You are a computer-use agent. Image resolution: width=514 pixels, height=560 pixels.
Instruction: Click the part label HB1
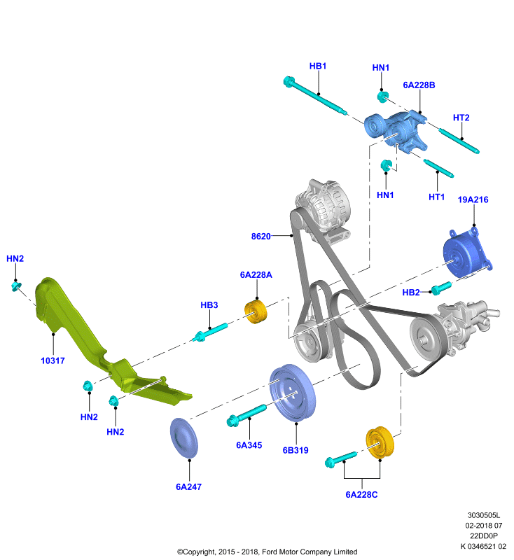coord(317,66)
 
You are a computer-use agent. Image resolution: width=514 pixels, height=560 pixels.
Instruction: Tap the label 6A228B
coord(419,85)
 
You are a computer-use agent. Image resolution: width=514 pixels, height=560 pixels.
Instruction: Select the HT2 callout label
coord(461,118)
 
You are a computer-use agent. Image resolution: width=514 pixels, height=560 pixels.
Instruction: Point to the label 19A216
coord(473,199)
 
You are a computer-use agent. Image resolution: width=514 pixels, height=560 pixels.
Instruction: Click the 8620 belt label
coord(261,237)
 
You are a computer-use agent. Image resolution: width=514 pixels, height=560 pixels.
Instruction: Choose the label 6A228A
coord(256,274)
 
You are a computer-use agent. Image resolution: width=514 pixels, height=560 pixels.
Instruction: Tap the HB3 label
coord(209,305)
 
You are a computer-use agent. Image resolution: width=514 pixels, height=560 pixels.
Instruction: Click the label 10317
coord(53,360)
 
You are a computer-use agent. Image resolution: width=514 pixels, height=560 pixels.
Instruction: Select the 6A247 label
coord(188,486)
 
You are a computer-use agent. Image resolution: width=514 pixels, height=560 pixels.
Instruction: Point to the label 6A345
coord(249,445)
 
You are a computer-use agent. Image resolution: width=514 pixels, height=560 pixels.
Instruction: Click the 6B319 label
coord(296,450)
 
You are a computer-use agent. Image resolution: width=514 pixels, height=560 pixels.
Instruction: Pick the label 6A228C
coord(361,495)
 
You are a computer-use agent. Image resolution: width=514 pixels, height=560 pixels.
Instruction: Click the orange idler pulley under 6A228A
coord(256,312)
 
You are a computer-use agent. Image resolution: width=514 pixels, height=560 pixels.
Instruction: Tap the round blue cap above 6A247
coord(184,438)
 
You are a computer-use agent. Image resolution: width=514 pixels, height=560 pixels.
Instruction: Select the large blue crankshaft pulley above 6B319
coord(293,393)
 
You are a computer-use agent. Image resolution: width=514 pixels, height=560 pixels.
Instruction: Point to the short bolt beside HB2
coord(441,288)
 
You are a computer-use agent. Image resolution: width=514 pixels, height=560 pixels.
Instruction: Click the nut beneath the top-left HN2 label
coord(16,286)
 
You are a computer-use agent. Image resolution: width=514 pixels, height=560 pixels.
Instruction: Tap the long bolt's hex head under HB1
coord(289,81)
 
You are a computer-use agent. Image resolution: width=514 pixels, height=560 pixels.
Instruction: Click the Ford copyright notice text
coord(268,552)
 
